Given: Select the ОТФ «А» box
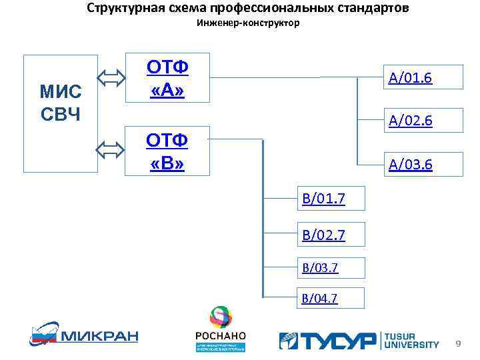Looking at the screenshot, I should (167, 77).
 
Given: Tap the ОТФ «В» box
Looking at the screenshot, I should (167, 151).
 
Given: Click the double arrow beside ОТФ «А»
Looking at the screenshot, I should (110, 78).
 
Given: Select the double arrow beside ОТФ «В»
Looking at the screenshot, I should (110, 150).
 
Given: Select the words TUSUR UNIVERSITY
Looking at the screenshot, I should (411, 340).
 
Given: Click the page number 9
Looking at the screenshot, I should (458, 343).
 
